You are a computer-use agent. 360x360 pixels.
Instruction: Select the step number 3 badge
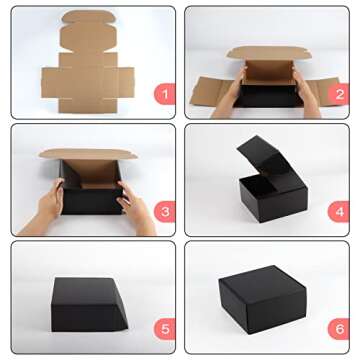pos(162,211)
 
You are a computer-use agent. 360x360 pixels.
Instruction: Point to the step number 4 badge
pos(337,211)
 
